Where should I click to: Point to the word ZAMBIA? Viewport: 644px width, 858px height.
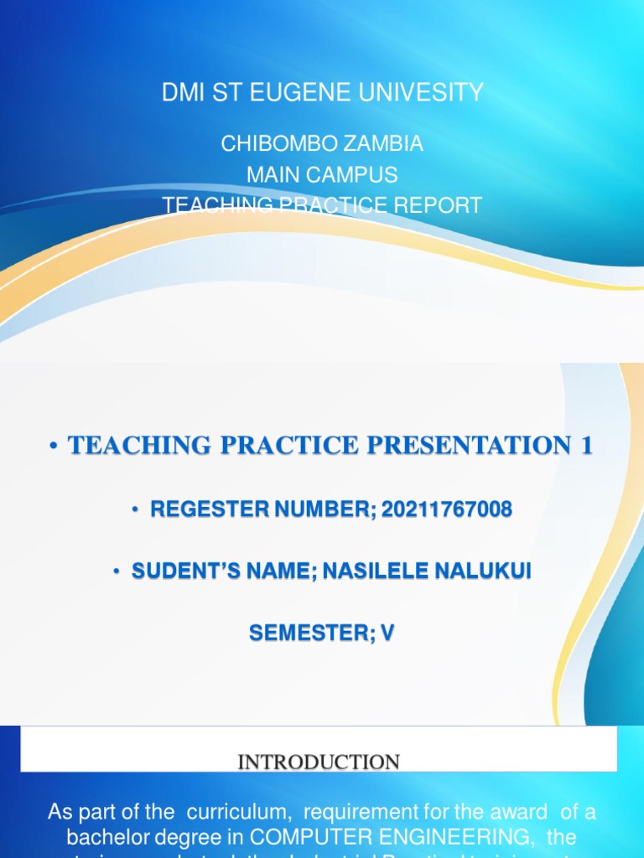383,144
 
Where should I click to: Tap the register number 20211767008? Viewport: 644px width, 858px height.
446,509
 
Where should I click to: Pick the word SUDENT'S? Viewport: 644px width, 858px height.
184,571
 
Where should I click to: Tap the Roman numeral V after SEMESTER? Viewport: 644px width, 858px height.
387,634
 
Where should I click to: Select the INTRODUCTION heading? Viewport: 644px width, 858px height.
319,762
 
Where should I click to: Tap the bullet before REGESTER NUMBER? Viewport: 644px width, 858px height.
134,509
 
